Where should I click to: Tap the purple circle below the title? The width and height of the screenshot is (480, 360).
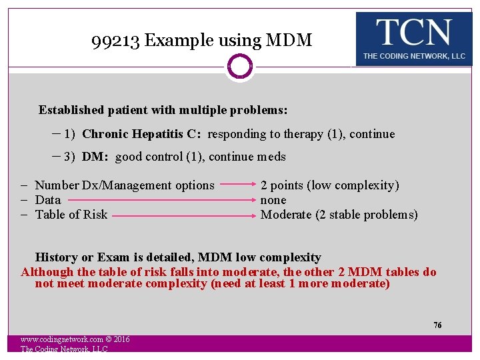pos(239,67)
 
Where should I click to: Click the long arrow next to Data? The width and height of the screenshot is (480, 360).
pos(161,199)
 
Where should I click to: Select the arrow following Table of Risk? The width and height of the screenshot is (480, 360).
pos(184,215)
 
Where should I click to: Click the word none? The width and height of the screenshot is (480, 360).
pos(273,200)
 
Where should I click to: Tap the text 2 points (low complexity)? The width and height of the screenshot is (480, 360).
pos(329,185)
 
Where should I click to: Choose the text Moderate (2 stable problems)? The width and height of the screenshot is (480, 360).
pos(339,215)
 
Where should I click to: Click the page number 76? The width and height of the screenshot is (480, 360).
pos(437,325)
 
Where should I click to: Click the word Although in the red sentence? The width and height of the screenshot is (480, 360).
pos(48,272)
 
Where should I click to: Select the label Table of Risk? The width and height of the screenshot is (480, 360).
pos(71,215)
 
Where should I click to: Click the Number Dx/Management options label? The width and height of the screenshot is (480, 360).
pos(125,185)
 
